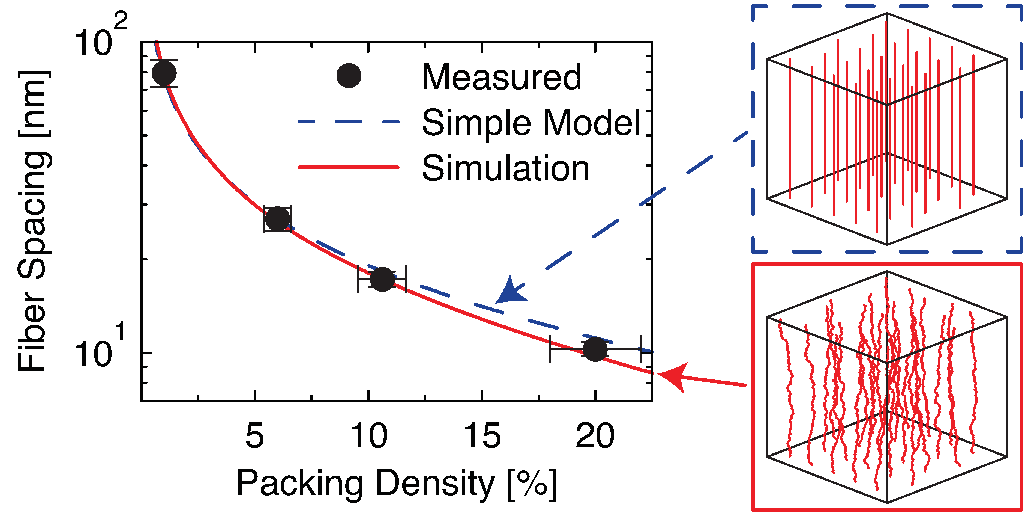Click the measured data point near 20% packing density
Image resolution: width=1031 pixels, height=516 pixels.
[595, 349]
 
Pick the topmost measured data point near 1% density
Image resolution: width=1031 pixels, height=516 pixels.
[164, 73]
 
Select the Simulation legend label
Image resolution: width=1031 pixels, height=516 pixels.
[505, 168]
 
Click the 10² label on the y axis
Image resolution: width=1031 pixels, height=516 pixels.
[100, 38]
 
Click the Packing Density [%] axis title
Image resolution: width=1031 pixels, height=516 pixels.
[396, 484]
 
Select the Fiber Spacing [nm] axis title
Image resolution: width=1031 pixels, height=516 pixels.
[34, 221]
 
